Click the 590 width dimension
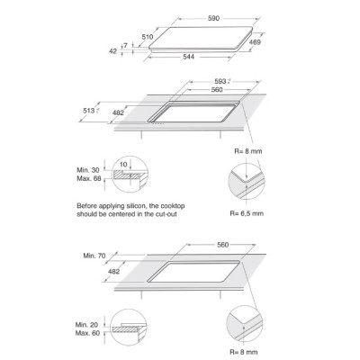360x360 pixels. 213,18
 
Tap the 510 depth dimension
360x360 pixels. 148,37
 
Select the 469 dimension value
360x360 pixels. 255,42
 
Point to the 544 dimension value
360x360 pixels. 189,57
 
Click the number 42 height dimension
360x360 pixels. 112,51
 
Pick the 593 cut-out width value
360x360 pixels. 220,81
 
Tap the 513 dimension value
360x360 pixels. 89,111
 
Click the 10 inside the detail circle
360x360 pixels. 123,165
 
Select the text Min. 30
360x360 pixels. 88,170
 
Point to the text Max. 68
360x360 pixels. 89,179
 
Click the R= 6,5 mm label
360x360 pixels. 247,213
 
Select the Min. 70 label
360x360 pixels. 94,256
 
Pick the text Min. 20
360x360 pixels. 86,325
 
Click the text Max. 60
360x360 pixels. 87,333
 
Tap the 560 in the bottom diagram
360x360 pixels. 223,245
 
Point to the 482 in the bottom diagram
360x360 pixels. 113,272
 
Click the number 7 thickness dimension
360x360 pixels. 126,46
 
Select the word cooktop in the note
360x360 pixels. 173,206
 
